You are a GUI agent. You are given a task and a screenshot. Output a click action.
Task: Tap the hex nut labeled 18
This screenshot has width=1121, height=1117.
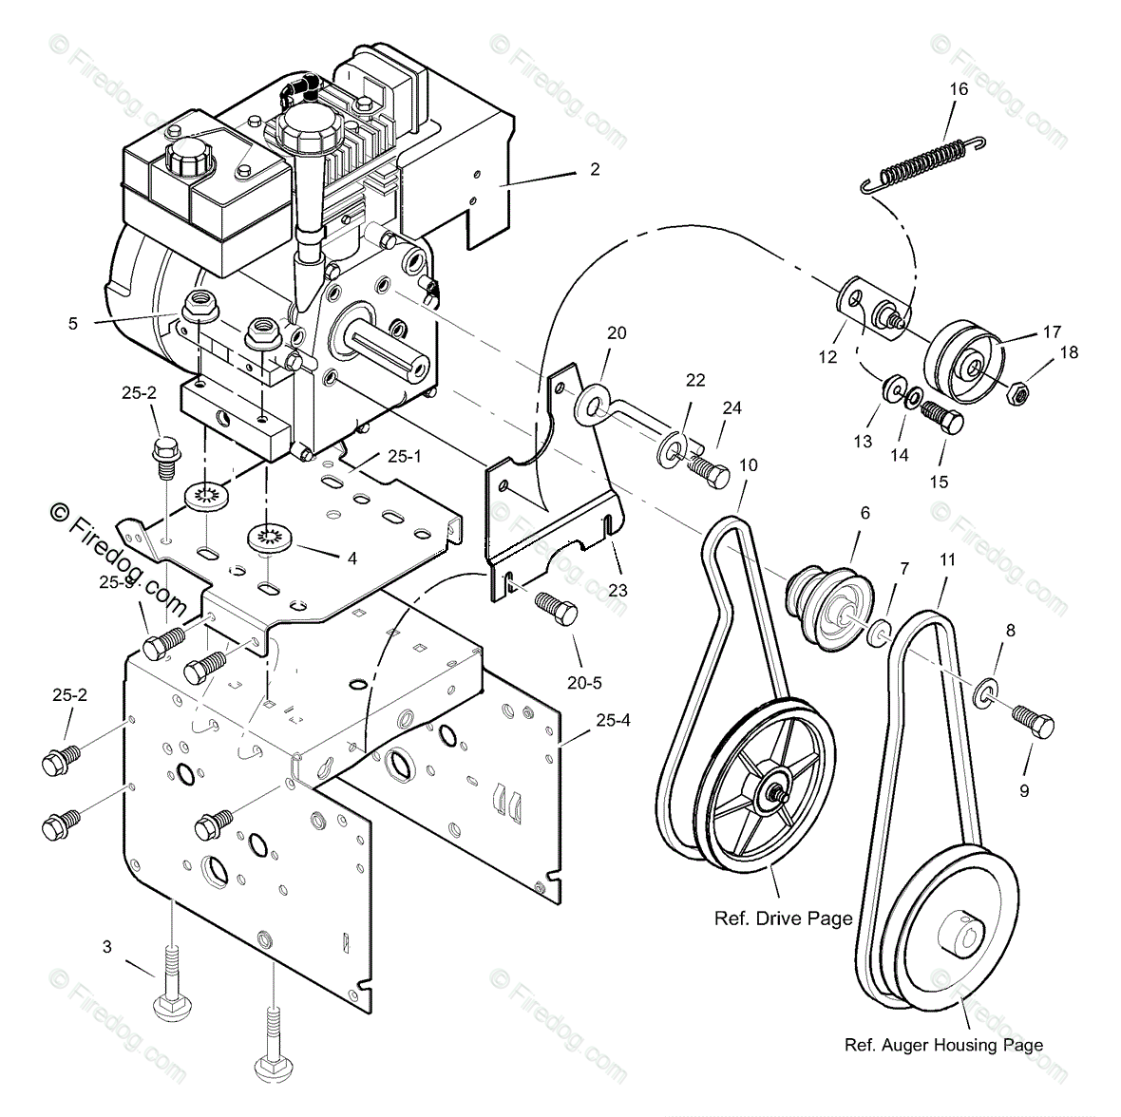click(x=1015, y=390)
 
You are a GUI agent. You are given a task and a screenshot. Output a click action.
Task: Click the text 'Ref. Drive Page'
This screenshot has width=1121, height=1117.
click(x=782, y=918)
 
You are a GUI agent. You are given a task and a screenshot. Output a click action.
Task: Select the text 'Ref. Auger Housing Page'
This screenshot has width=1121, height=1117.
click(x=942, y=1045)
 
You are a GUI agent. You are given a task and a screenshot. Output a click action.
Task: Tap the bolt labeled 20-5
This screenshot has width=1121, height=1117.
click(x=557, y=608)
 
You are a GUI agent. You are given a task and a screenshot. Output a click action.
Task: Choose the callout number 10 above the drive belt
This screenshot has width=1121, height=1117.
click(x=749, y=465)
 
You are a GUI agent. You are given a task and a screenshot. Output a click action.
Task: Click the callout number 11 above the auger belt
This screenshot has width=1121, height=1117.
click(x=947, y=560)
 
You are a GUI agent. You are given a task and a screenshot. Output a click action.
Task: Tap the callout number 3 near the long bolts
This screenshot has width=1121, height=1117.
click(x=107, y=946)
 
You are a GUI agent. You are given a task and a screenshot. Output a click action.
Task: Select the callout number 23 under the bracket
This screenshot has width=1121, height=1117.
click(x=617, y=590)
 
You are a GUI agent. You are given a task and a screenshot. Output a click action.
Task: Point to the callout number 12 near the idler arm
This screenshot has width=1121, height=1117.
click(x=827, y=357)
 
